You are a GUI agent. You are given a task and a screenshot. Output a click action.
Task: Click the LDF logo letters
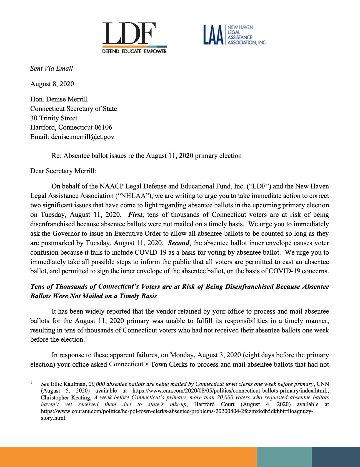click(129, 33)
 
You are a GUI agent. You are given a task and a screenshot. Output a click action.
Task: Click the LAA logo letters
click(213, 35)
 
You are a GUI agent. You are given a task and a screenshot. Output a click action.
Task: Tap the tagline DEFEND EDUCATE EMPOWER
click(134, 51)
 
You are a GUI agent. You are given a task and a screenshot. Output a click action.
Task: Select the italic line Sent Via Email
click(52, 68)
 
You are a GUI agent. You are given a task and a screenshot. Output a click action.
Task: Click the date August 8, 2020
click(52, 84)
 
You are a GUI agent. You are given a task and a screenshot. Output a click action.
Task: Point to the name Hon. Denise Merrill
click(59, 99)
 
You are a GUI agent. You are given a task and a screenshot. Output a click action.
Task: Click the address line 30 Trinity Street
click(54, 118)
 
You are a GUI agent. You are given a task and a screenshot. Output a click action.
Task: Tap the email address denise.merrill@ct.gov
click(82, 137)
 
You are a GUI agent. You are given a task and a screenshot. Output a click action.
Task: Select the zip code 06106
click(103, 127)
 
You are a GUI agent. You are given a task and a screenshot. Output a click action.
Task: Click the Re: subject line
click(146, 156)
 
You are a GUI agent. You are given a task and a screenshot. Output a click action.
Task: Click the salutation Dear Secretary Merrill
click(63, 171)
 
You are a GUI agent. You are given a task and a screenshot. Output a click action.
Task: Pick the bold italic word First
click(135, 215)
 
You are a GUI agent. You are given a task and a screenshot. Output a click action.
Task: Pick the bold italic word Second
click(178, 243)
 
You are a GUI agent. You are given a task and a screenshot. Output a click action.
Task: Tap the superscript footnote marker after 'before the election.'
click(86, 338)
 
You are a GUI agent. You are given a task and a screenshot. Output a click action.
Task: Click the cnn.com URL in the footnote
click(231, 391)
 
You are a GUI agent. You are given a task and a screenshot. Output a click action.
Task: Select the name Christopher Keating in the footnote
click(66, 398)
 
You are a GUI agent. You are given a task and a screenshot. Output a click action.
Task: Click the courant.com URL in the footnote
click(177, 411)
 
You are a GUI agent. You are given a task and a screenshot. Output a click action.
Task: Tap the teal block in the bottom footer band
click(284, 457)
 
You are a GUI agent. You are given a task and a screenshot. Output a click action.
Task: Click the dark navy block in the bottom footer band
click(336, 457)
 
